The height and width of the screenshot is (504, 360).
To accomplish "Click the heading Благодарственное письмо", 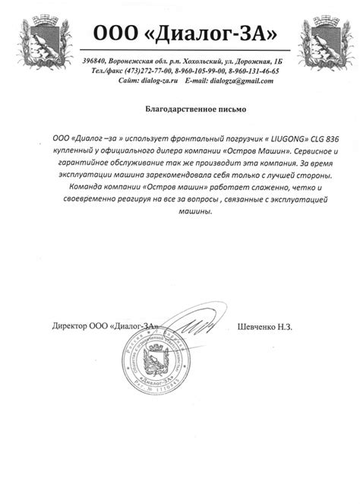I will (179, 110).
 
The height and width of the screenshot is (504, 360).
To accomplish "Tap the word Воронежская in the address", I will (141, 60).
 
